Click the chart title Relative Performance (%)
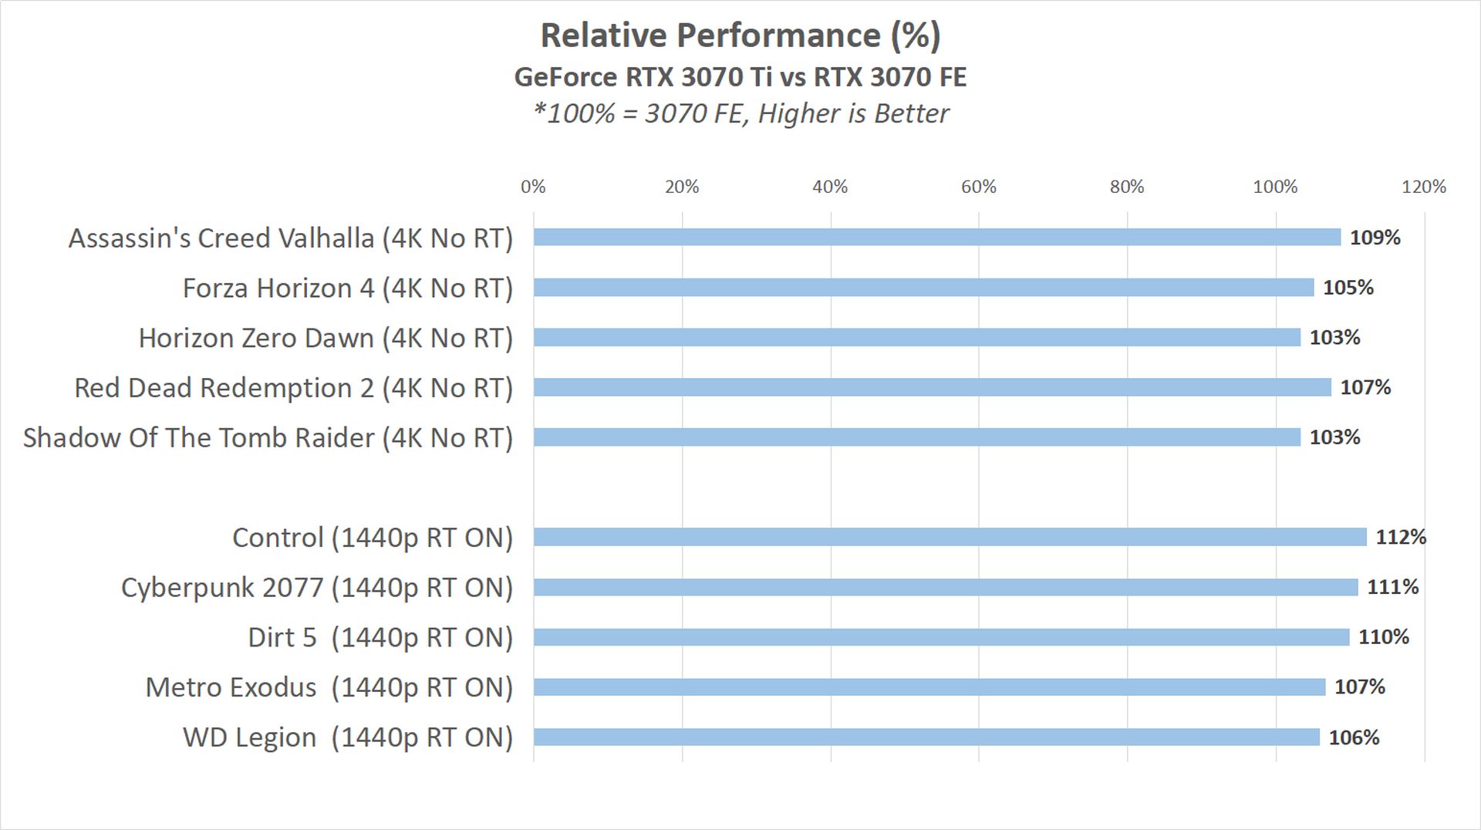click(x=740, y=35)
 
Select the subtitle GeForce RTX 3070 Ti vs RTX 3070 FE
click(x=740, y=77)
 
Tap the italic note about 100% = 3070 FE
click(x=740, y=113)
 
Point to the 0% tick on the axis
click(x=533, y=187)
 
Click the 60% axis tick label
click(x=978, y=187)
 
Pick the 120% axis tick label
click(x=1423, y=187)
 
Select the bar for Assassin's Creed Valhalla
click(x=936, y=238)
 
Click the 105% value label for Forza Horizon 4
click(x=1348, y=288)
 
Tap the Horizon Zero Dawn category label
click(x=326, y=338)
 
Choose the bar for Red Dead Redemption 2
click(x=932, y=387)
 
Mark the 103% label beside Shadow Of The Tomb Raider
click(x=1334, y=437)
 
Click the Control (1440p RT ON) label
click(x=373, y=538)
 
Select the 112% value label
click(x=1401, y=537)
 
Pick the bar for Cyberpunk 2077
click(x=945, y=588)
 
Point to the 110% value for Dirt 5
click(x=1384, y=637)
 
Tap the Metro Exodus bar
click(x=929, y=687)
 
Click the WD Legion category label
click(x=348, y=737)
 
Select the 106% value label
click(x=1354, y=737)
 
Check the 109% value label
click(x=1375, y=238)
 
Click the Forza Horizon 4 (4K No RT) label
click(x=348, y=288)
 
